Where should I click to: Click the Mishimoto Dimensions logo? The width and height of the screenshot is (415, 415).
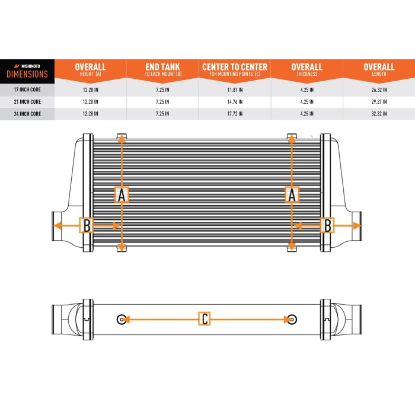tap(27, 71)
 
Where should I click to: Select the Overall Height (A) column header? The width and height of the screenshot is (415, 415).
tap(90, 70)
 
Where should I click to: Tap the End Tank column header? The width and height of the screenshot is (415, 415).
tap(162, 70)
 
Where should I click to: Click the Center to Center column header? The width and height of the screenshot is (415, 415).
tap(234, 70)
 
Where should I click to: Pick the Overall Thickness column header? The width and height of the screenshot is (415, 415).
tap(307, 70)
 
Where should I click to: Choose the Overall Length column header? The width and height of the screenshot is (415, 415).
tap(379, 70)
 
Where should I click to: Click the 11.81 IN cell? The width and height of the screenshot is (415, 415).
tap(234, 90)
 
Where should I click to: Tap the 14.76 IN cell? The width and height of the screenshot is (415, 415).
tap(234, 102)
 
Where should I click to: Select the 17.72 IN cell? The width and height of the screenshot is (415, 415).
tap(234, 113)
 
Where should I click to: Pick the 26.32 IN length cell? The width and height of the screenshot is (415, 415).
tap(379, 90)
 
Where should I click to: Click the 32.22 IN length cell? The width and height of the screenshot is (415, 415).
tap(379, 113)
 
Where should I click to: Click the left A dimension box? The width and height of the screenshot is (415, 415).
tap(122, 194)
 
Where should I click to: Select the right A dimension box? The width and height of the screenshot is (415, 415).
tap(292, 194)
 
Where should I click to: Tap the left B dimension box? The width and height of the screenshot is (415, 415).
tap(87, 225)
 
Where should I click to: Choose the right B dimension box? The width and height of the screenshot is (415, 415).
tap(327, 225)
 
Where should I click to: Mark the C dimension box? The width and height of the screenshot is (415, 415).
tap(205, 319)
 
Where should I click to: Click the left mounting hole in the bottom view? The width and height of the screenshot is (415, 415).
tap(122, 319)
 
